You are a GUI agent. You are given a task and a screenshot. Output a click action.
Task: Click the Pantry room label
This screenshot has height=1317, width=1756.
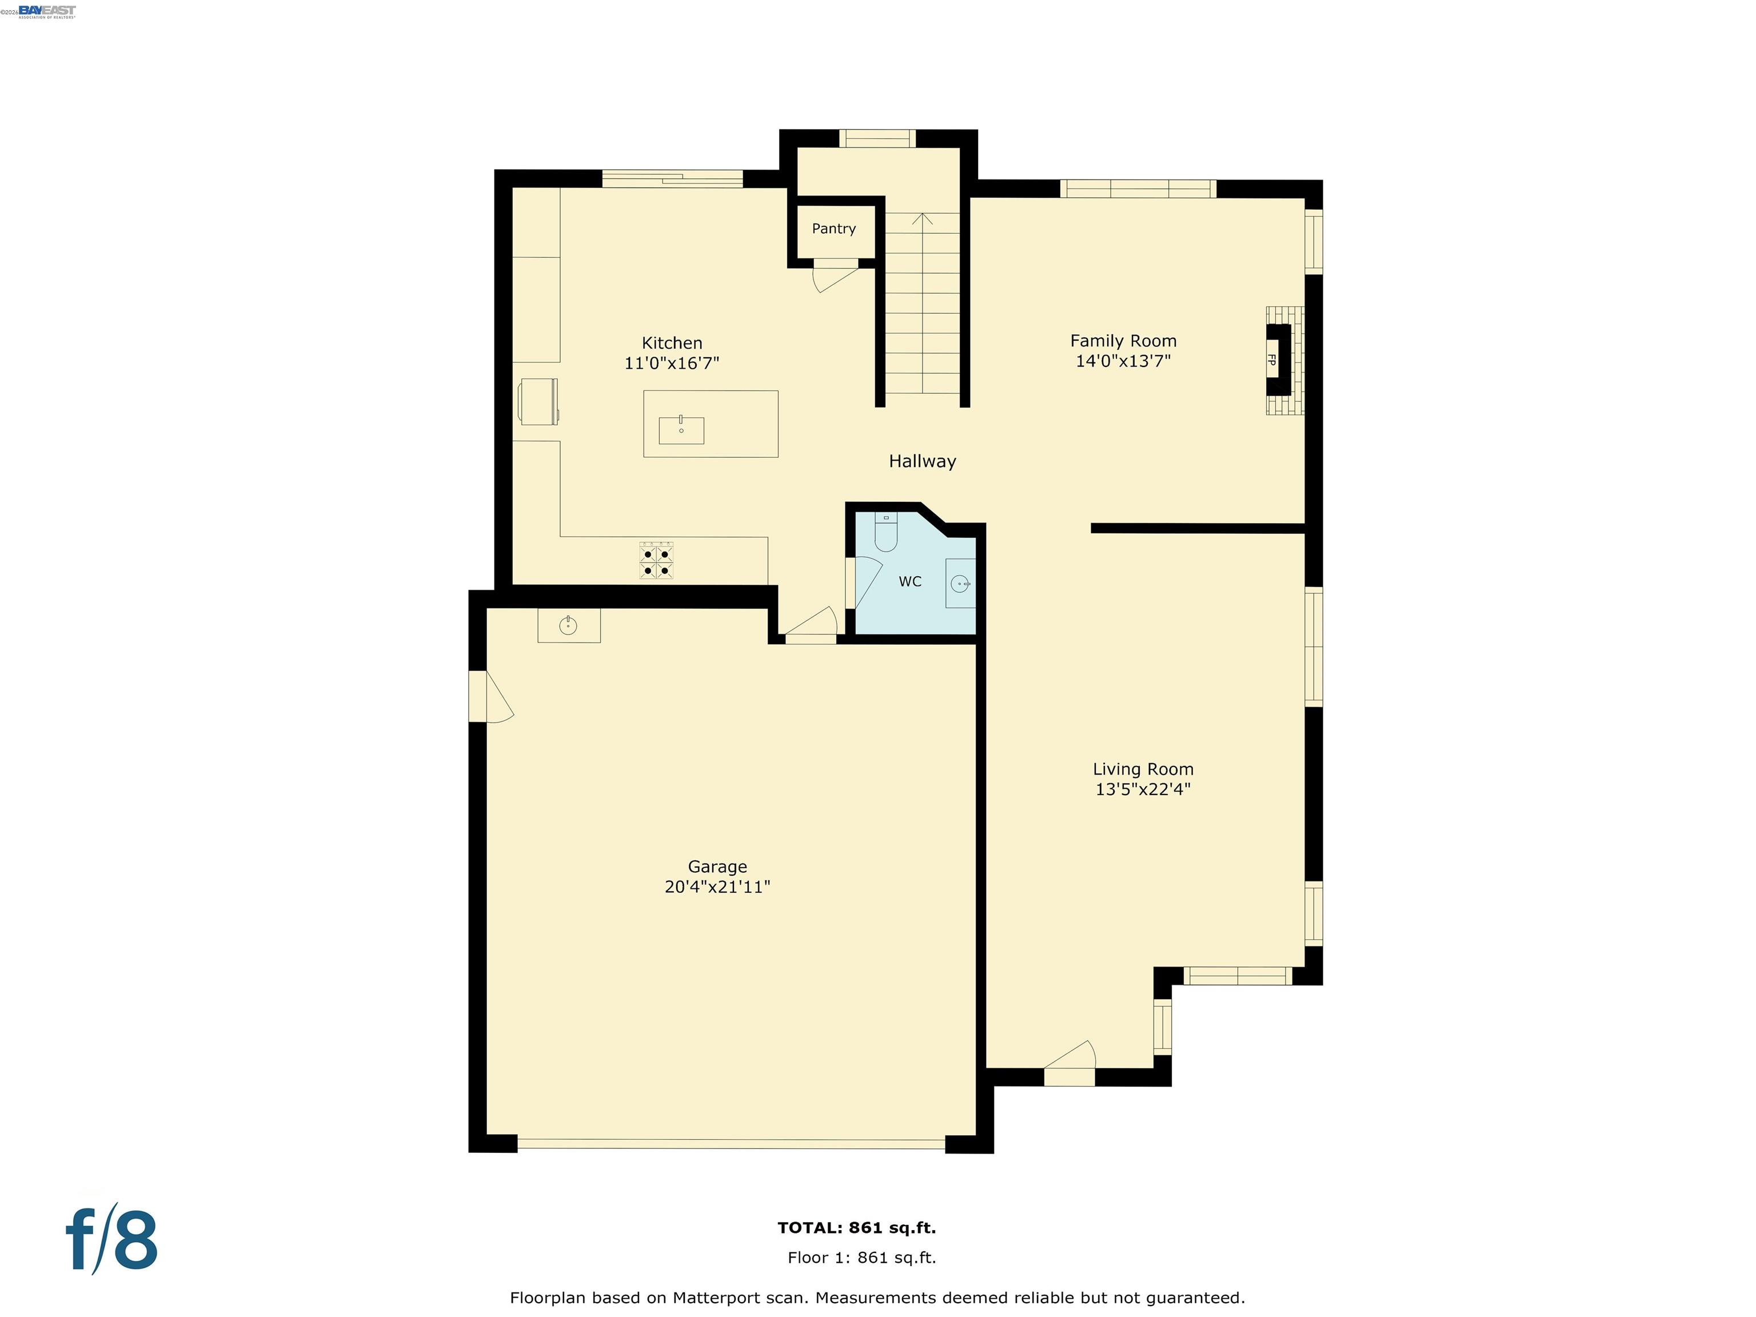(x=833, y=229)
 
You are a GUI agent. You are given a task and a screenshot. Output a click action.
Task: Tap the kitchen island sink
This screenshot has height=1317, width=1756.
(x=681, y=430)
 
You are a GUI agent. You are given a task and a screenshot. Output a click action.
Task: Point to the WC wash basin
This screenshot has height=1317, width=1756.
(x=960, y=584)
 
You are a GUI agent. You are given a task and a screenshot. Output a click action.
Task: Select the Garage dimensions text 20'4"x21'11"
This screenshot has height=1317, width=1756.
(x=717, y=887)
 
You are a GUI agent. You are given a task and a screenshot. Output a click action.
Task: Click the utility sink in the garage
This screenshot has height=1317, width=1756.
(x=568, y=625)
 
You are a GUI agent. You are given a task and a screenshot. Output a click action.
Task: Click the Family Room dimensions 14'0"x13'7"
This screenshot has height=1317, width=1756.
(x=1123, y=361)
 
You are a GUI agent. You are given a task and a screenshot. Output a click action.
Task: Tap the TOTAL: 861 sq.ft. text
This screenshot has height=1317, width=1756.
(x=857, y=1227)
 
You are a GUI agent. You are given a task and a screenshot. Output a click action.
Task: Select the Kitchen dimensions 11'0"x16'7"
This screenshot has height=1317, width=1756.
(x=672, y=364)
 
